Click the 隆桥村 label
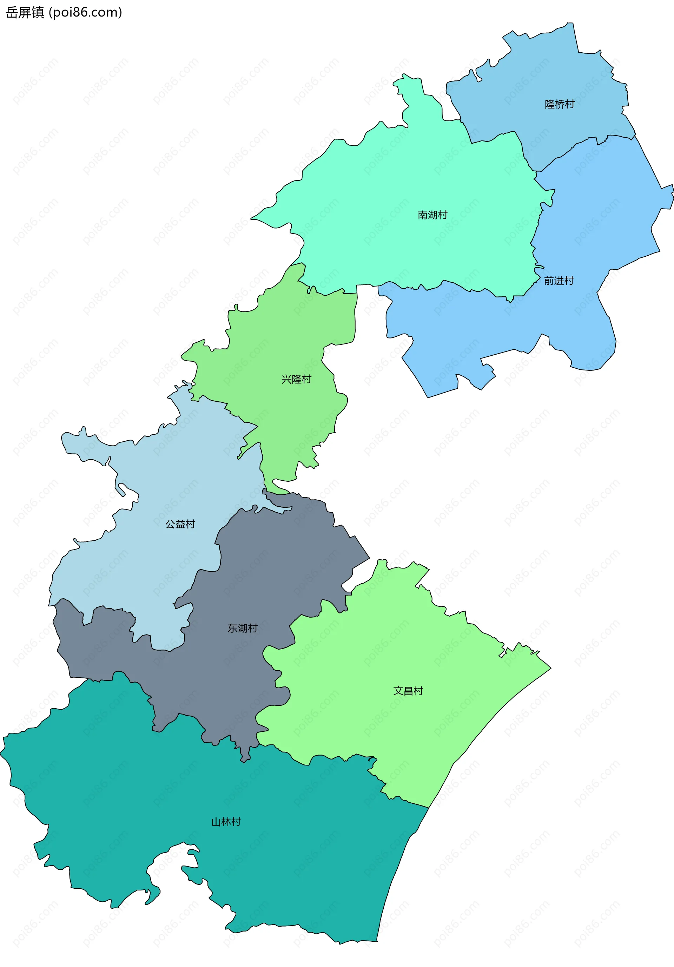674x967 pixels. pyautogui.click(x=560, y=104)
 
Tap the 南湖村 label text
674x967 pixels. pyautogui.click(x=432, y=215)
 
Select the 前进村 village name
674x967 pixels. pyautogui.click(x=559, y=281)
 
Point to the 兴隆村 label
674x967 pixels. pyautogui.click(x=296, y=379)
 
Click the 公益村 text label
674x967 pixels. pyautogui.click(x=180, y=524)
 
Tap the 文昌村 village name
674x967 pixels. pyautogui.click(x=408, y=691)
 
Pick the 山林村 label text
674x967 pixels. pyautogui.click(x=226, y=822)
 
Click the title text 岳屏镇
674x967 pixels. pyautogui.click(x=25, y=13)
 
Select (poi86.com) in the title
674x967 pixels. pyautogui.click(x=85, y=13)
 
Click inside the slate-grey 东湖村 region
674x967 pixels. pyautogui.click(x=274, y=568)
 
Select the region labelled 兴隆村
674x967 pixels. pyautogui.click(x=286, y=346)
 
